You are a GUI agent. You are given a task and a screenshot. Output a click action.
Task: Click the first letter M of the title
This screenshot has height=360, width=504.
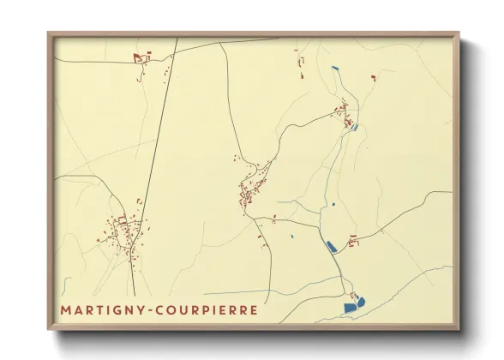pos(65,309)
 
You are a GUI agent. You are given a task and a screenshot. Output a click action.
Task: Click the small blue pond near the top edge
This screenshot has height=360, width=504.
pos(334,68)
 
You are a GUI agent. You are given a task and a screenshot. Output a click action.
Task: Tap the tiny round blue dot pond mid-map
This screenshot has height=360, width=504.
pos(333,204)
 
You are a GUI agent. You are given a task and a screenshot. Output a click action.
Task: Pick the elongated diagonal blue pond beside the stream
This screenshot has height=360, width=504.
pos(331,247)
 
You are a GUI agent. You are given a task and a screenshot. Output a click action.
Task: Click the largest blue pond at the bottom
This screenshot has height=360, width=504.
pos(350,306)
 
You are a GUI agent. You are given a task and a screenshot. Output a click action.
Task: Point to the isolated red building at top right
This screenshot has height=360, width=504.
pos(373,77)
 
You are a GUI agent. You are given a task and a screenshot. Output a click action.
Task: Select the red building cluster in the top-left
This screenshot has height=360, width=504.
pos(141,58)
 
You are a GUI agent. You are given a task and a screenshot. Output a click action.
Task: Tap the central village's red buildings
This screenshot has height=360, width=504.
pos(249,190)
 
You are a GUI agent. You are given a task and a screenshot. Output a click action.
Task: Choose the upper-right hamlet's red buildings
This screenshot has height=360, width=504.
pos(343,114)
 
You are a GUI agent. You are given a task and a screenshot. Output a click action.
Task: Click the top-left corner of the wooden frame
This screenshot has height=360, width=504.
pos(50,35)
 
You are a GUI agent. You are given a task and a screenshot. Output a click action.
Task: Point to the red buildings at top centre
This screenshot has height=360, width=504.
pos(300,64)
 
